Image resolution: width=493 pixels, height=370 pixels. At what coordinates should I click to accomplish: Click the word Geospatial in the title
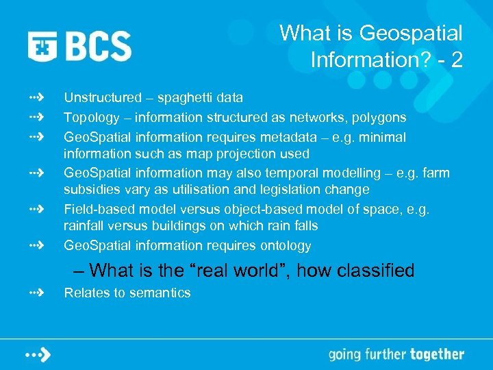411,33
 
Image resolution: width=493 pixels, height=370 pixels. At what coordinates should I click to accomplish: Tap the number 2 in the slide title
456,60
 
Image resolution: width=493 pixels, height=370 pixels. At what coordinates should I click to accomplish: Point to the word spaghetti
188,99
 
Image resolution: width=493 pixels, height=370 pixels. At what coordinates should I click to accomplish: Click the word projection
247,153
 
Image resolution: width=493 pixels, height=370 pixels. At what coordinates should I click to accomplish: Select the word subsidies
91,190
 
